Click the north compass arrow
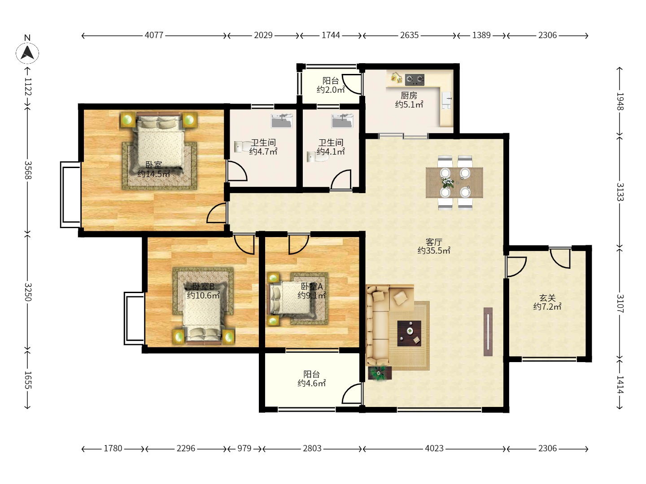[27, 52]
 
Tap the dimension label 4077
[154, 35]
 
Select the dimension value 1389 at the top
[481, 35]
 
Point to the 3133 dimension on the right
[620, 192]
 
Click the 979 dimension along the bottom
[244, 448]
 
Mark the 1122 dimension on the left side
[28, 86]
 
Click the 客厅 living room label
[434, 242]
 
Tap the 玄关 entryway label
[547, 298]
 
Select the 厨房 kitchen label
[409, 95]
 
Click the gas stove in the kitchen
[415, 80]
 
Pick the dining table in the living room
[454, 182]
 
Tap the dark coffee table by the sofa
[409, 333]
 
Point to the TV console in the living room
[488, 332]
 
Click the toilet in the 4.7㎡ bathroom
[240, 147]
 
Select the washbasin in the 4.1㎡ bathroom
[342, 121]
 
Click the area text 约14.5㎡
[153, 174]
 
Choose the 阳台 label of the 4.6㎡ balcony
[311, 374]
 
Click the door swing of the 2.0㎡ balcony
[353, 84]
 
